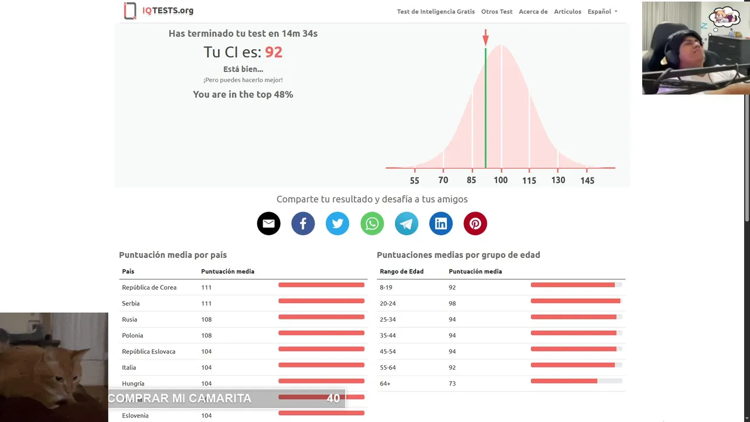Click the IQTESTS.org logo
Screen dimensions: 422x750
pos(159,11)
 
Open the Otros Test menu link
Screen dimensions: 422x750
pos(497,12)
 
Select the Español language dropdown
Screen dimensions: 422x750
pos(602,12)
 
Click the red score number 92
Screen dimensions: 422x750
pos(274,52)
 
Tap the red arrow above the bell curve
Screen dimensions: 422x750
pos(485,38)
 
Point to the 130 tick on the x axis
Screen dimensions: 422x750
pos(558,180)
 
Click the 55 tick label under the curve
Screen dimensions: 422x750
pos(415,181)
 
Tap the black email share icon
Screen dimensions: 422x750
pos(268,223)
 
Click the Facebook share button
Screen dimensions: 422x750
pos(303,223)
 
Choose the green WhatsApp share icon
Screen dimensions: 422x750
pos(372,223)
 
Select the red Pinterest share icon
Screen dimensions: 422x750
pos(475,223)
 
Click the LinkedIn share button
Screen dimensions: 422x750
pos(441,223)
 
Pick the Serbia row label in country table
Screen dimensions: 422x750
pos(131,304)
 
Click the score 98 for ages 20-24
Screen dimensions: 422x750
pos(452,304)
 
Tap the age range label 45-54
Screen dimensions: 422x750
pos(388,352)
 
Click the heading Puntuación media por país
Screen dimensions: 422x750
pos(173,255)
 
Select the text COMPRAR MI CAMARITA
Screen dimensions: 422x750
pos(180,399)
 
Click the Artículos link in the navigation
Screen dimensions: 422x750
pos(568,12)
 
